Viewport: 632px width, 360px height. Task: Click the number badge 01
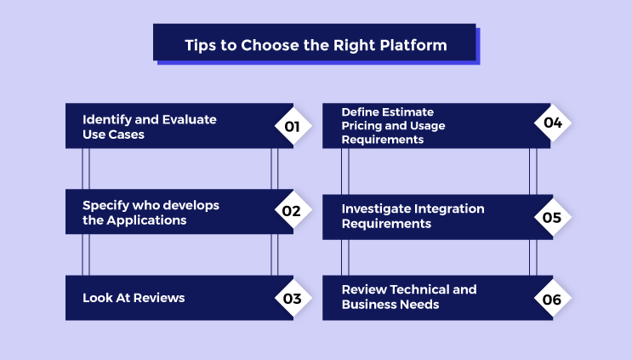pyautogui.click(x=293, y=127)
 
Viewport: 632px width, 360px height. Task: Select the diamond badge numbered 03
pyautogui.click(x=293, y=298)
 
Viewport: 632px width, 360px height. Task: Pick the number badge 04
pyautogui.click(x=552, y=123)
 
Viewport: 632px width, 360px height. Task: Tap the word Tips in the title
pyautogui.click(x=201, y=46)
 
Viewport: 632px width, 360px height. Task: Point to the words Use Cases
pyautogui.click(x=114, y=134)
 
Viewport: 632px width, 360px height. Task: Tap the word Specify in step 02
pyautogui.click(x=107, y=205)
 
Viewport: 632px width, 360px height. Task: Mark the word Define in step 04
pyautogui.click(x=362, y=112)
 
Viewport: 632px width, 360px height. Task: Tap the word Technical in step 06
pyautogui.click(x=420, y=289)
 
